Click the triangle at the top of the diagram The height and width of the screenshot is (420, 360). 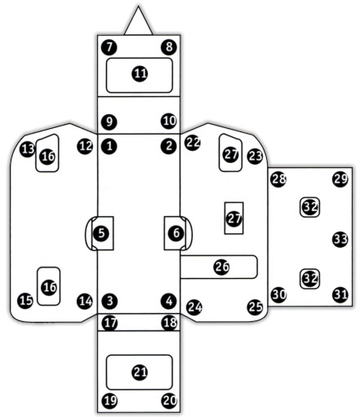tap(138, 23)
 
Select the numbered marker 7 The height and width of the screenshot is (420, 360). tap(109, 47)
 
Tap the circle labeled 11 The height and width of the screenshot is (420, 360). tap(140, 73)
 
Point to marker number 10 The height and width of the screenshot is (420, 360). tap(169, 121)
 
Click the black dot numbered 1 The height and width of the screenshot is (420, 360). tap(109, 146)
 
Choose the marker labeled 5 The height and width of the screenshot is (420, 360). tap(101, 233)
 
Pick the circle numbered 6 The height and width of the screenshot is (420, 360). tap(176, 233)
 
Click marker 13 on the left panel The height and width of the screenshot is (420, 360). tap(28, 149)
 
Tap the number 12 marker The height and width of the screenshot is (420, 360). tap(85, 146)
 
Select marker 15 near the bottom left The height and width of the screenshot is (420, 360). tap(25, 301)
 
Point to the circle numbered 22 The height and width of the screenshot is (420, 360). tap(193, 143)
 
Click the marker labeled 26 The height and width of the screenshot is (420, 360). tap(221, 267)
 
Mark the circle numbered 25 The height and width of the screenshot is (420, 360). tap(256, 307)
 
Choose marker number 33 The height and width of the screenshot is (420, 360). tap(340, 239)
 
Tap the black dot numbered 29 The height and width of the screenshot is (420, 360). tap(340, 179)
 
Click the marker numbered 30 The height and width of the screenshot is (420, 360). tap(279, 294)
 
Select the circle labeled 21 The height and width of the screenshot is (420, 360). tap(140, 372)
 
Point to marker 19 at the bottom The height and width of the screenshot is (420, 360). tap(109, 400)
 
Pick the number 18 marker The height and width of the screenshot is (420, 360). tap(170, 323)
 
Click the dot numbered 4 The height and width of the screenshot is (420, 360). tap(169, 301)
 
